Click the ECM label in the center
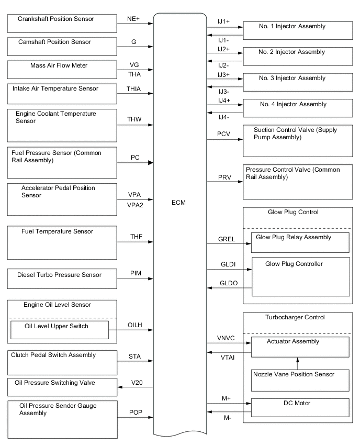pos(178,203)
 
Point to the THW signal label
pos(134,119)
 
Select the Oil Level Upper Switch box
pos(59,330)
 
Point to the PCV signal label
pos(224,134)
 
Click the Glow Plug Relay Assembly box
pos(300,242)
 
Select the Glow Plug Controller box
pos(301,277)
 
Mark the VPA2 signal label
pos(135,205)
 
